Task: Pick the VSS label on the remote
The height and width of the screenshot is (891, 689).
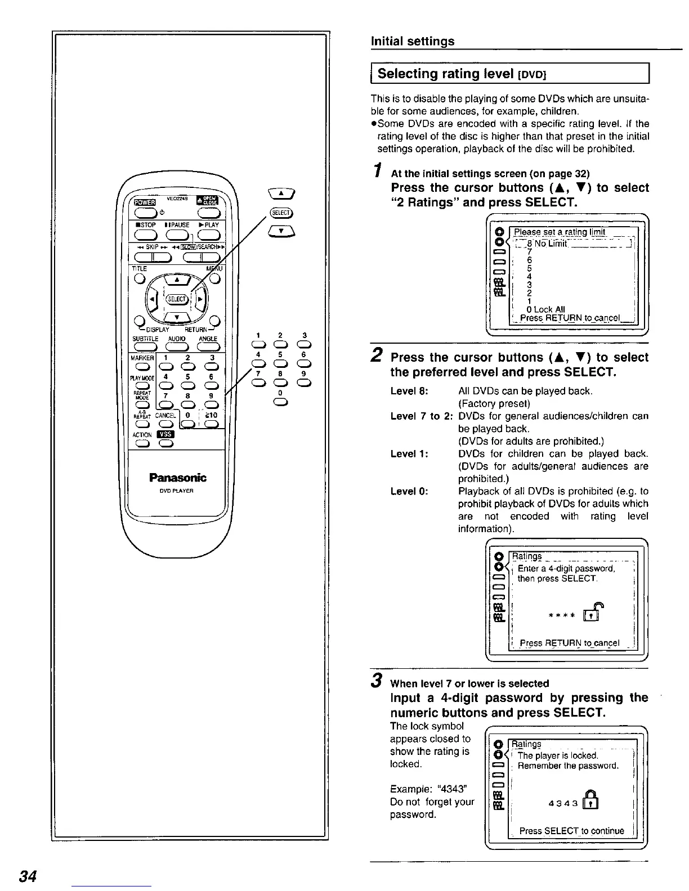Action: point(166,434)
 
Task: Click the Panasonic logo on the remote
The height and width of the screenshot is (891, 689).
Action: point(178,478)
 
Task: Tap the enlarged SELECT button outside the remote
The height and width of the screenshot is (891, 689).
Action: point(280,212)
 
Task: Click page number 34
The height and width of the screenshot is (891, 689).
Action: point(28,876)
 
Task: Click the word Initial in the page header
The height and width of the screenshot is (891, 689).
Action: point(388,41)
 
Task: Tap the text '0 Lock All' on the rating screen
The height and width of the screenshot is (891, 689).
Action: point(547,309)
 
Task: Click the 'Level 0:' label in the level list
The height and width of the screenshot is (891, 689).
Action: point(409,491)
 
